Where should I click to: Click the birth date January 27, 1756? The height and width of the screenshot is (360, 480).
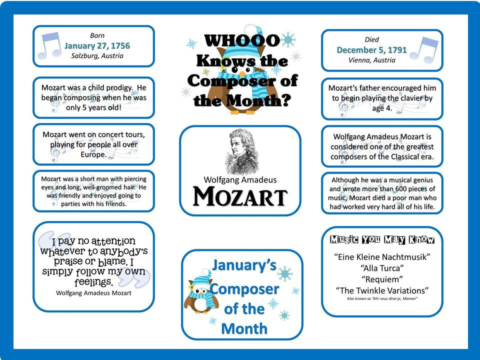(97, 46)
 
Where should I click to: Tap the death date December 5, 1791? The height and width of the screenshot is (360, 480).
(371, 50)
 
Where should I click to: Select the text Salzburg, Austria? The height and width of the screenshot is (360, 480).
(97, 56)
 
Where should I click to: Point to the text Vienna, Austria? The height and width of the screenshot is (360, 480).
(371, 60)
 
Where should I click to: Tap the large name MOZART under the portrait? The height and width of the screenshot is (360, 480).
(240, 196)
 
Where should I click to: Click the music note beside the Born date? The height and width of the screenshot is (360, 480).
(50, 46)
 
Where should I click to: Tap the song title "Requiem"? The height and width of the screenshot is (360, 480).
(382, 279)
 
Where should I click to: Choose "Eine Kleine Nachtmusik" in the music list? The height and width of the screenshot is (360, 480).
(382, 257)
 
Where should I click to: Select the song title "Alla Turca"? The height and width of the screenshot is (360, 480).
(382, 268)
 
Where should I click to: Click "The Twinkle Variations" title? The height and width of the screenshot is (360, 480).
(382, 290)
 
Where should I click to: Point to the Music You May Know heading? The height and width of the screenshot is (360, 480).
(382, 240)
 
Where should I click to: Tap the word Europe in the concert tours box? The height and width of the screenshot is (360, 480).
(93, 154)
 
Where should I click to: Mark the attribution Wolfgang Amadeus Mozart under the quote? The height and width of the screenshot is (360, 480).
(93, 293)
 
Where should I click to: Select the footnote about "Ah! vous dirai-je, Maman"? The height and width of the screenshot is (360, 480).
(382, 298)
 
